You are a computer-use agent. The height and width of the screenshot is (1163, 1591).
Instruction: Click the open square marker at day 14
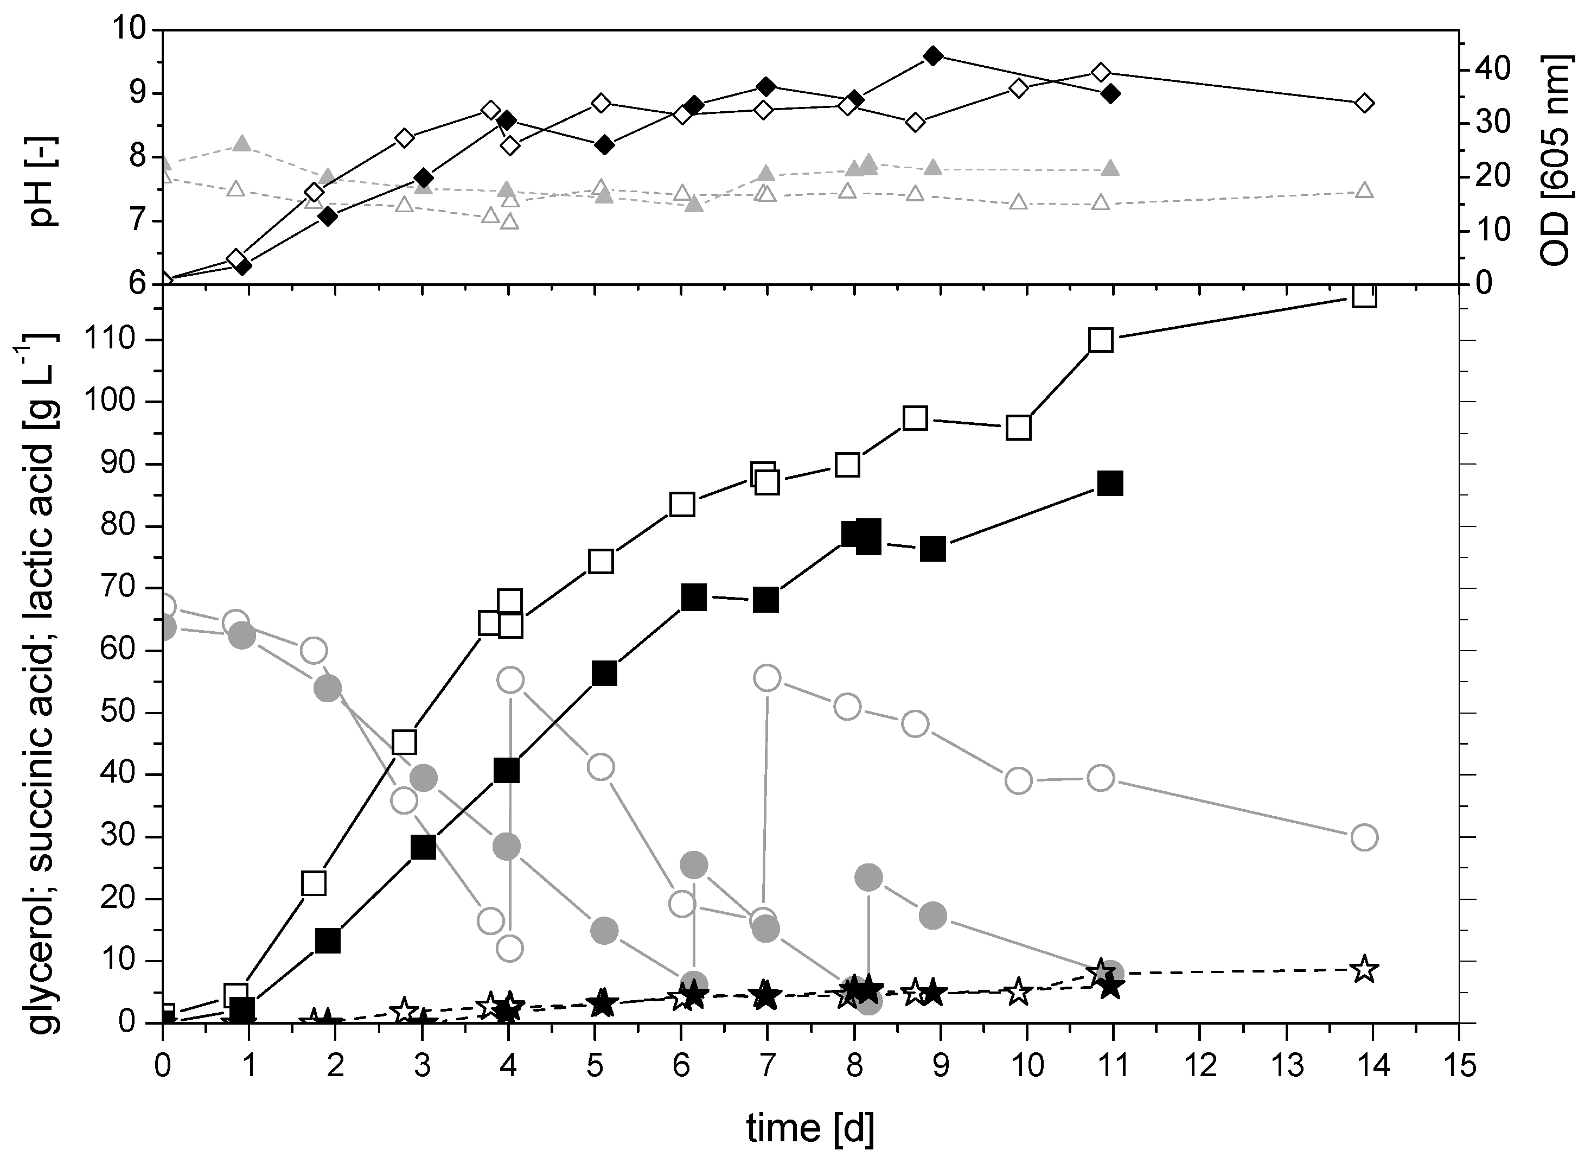[x=1364, y=296]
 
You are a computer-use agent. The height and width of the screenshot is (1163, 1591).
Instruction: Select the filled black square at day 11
[x=1110, y=484]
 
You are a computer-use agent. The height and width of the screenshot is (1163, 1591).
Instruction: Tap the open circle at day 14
[x=1364, y=837]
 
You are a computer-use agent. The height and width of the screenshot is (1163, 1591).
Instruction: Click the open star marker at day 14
[x=1364, y=969]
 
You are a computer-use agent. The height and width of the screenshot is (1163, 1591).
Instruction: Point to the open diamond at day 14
[x=1364, y=103]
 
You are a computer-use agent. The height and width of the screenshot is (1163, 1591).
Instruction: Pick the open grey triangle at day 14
[x=1364, y=190]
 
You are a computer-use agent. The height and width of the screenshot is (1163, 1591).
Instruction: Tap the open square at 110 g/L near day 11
[x=1101, y=340]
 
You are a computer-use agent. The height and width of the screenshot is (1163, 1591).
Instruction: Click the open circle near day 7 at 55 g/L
[x=766, y=678]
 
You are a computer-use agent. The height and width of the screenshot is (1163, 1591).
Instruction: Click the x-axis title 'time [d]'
[x=810, y=1127]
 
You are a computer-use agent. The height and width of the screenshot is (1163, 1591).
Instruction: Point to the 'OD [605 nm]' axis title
[x=1555, y=162]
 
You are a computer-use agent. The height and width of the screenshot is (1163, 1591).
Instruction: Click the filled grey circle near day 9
[x=932, y=915]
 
